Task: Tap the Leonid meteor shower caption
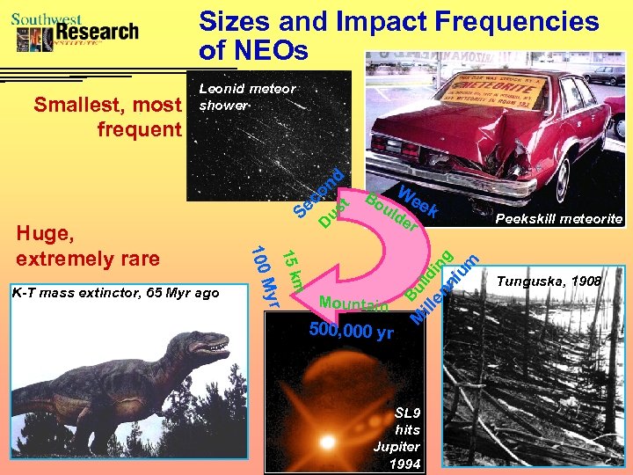coord(247,97)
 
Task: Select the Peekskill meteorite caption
coord(559,218)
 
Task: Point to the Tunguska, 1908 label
coord(549,281)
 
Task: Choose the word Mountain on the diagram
coord(353,304)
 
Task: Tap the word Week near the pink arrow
coord(418,202)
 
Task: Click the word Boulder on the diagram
coord(390,212)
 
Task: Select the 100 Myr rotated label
coord(264,276)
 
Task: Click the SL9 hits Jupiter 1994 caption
coord(407,437)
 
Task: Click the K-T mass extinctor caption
coord(116,292)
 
